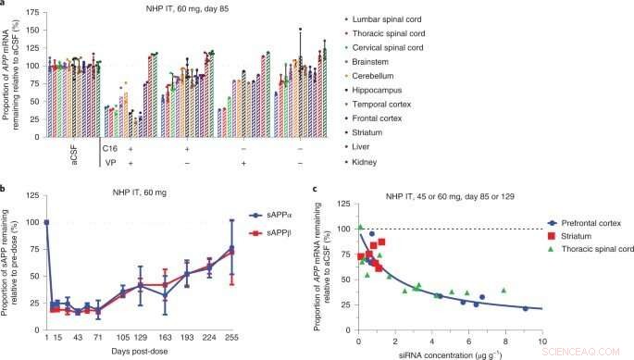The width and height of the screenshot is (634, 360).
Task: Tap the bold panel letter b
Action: [5, 191]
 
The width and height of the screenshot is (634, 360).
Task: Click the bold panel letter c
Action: [317, 191]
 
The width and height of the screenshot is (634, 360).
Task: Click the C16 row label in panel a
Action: [107, 148]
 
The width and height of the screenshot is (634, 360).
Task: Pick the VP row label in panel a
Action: [109, 163]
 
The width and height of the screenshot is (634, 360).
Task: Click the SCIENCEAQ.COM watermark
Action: [593, 352]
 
